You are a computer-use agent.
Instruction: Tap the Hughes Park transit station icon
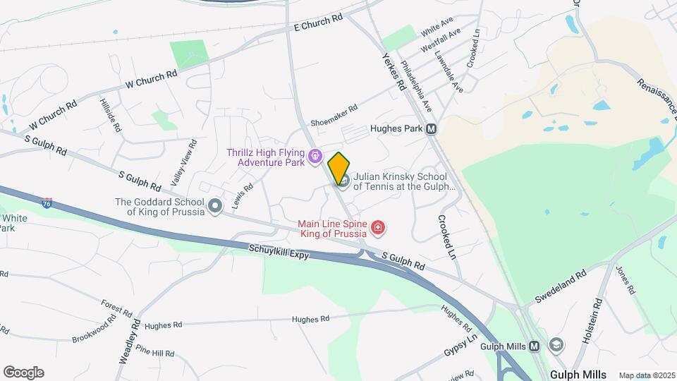click(x=431, y=129)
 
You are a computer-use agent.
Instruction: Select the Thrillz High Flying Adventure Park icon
click(x=315, y=155)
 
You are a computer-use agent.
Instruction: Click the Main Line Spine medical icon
click(x=379, y=227)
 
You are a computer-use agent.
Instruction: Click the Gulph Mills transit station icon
click(x=535, y=346)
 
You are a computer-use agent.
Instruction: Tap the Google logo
click(x=23, y=372)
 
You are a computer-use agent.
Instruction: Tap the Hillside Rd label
click(x=109, y=118)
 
